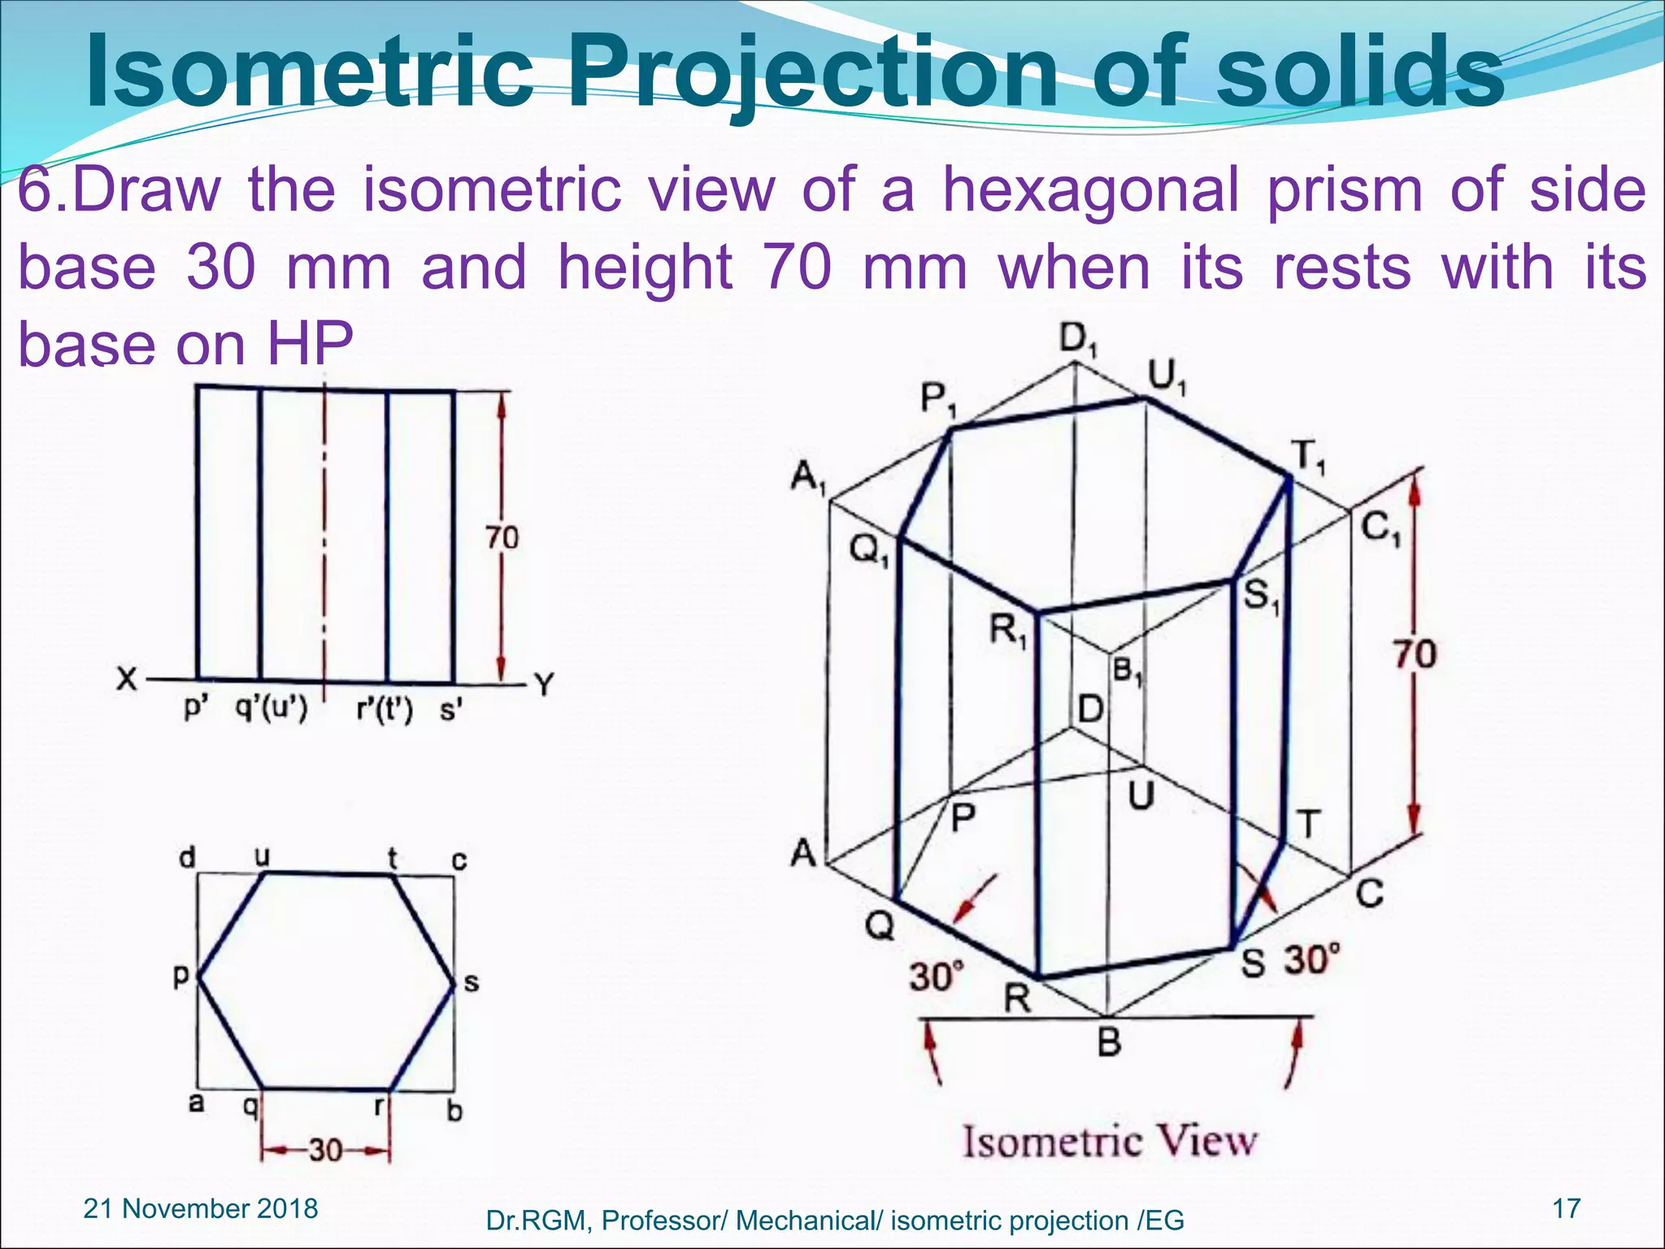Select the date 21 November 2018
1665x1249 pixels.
(x=201, y=1208)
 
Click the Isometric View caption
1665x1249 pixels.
(x=1110, y=1142)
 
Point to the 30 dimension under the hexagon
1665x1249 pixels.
(x=325, y=1151)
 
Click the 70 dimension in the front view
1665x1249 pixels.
(x=502, y=537)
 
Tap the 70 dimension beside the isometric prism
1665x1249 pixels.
(x=1415, y=655)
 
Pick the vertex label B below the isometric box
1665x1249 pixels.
(x=1109, y=1042)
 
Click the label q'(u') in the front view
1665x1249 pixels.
(x=272, y=710)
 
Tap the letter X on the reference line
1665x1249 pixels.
(x=126, y=678)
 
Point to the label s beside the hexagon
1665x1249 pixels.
(x=471, y=983)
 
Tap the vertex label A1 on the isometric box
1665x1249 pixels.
(x=808, y=477)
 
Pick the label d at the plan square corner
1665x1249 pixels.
(x=187, y=857)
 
